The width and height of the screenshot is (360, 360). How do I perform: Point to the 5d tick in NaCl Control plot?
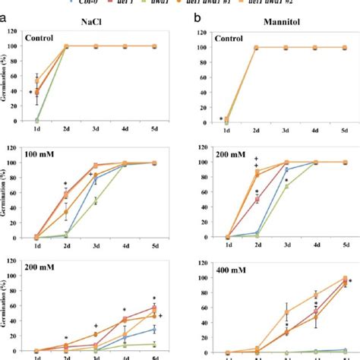pyautogui.click(x=154, y=130)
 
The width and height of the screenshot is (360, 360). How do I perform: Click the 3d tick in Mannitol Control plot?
pyautogui.click(x=287, y=130)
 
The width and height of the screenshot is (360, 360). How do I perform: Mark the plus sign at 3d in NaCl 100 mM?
pyautogui.click(x=90, y=175)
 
